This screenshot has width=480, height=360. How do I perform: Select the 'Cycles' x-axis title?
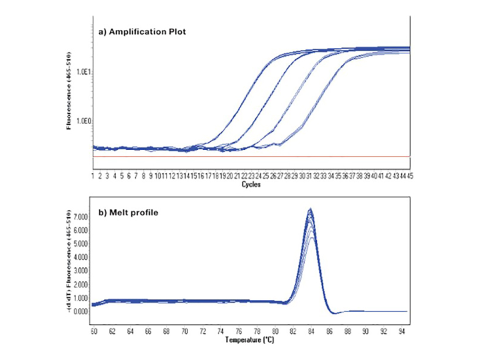(x=250, y=183)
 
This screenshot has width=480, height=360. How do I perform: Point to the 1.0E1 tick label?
(x=82, y=72)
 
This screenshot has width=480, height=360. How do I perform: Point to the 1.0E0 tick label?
(x=82, y=121)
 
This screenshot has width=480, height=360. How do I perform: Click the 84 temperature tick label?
(x=311, y=331)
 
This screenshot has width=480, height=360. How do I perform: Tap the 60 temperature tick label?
(x=94, y=331)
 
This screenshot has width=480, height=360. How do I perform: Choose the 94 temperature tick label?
(x=401, y=331)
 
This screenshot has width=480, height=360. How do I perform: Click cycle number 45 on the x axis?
(x=408, y=176)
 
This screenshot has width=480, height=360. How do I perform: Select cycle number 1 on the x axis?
(x=93, y=176)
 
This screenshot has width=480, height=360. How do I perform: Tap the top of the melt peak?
(x=310, y=209)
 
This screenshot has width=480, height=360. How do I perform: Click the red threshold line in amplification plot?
(x=250, y=156)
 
